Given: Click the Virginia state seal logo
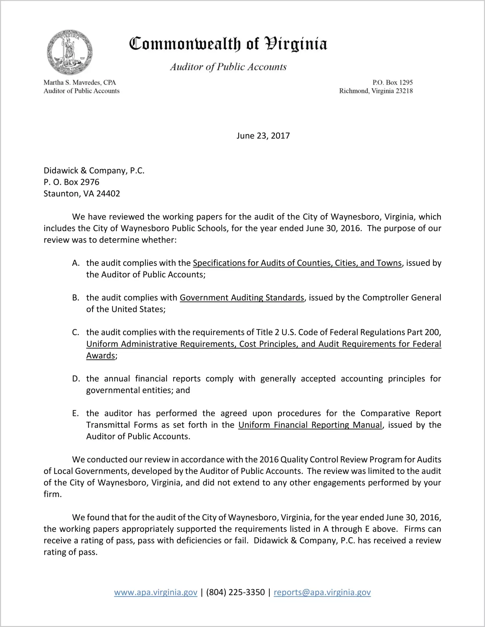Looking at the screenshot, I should pos(69,52).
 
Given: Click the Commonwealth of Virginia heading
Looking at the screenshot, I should pos(228,44).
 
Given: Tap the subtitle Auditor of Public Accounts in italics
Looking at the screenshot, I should pos(228,67).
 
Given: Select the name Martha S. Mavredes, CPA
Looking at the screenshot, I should pos(80,82).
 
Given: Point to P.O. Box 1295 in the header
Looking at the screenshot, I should pos(392,82).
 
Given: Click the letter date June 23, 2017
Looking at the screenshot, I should pos(263,136).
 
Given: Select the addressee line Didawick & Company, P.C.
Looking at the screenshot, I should pos(94,171).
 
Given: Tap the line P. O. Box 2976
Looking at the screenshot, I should pos(71,182).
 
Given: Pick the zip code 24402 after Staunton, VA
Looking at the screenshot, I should pos(108,194).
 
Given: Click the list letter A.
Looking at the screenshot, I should pos(76,263).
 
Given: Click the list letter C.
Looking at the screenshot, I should pos(76,332).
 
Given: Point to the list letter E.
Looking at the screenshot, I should pos(75,413).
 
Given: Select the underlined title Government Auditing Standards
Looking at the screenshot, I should pos(242,298).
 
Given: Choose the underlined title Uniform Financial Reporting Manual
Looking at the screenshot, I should pos(310,425).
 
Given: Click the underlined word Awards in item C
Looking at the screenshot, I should pos(101,356).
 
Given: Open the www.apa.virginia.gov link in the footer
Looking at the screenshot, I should pos(155,592).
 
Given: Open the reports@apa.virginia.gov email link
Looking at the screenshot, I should pos(322,592).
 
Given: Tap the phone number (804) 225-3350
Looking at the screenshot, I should pos(235,592).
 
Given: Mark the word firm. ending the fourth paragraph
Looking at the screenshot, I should pos(53,494).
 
